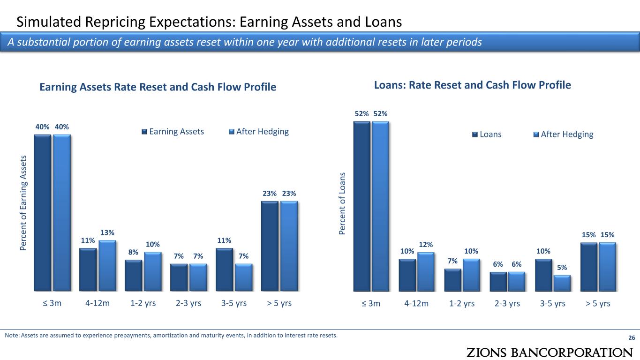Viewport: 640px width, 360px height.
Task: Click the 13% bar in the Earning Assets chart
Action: click(x=107, y=266)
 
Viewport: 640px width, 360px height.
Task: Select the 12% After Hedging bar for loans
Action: click(x=426, y=272)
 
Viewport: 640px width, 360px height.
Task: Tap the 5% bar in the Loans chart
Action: click(x=562, y=283)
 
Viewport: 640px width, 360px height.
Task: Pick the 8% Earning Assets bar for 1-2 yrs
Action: click(x=134, y=276)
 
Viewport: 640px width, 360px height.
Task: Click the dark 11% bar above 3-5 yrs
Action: click(x=224, y=270)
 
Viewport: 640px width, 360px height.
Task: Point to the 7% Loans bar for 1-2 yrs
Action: click(x=452, y=280)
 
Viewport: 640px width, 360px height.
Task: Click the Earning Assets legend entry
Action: click(x=173, y=131)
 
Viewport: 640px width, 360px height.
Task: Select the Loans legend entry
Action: click(x=487, y=134)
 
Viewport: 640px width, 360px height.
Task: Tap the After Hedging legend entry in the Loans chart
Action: click(x=564, y=134)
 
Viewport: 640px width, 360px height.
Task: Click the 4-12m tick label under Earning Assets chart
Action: click(x=98, y=303)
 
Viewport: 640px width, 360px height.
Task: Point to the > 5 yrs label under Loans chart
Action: click(x=598, y=303)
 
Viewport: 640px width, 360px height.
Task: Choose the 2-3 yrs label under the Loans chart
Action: click(x=507, y=303)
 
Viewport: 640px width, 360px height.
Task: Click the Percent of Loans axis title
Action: click(x=342, y=203)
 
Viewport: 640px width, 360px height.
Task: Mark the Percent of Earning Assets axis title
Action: click(x=23, y=203)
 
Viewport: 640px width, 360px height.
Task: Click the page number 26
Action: click(x=632, y=337)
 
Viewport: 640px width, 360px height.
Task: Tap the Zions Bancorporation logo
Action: click(x=550, y=352)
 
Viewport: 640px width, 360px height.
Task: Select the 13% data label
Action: click(x=107, y=232)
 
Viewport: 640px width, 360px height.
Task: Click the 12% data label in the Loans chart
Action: click(x=426, y=245)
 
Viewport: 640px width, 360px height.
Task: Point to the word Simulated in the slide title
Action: click(x=49, y=22)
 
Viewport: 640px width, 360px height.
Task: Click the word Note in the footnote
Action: click(x=12, y=336)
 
